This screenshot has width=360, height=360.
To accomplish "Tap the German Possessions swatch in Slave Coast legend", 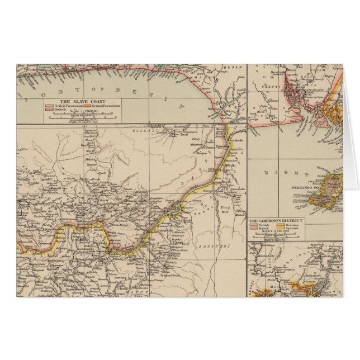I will (x=87, y=106).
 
